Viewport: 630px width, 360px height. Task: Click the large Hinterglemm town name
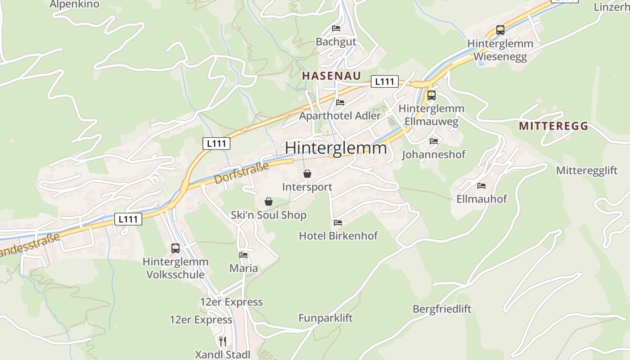pyautogui.click(x=336, y=148)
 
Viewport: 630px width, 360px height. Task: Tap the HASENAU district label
pyautogui.click(x=332, y=76)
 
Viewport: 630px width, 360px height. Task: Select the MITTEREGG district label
pyautogui.click(x=553, y=126)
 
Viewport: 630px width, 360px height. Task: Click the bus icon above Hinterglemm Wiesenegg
pyautogui.click(x=500, y=30)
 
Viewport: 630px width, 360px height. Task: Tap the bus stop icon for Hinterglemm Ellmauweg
pyautogui.click(x=431, y=95)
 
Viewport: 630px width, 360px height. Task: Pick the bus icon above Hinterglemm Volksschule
pyautogui.click(x=175, y=248)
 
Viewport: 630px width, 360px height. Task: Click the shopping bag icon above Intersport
pyautogui.click(x=307, y=174)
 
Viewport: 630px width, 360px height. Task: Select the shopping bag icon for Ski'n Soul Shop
pyautogui.click(x=269, y=202)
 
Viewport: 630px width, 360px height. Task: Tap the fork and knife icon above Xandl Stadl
pyautogui.click(x=222, y=341)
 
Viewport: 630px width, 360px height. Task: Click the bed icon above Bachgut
pyautogui.click(x=336, y=28)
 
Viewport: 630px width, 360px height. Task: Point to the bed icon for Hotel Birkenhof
pyautogui.click(x=338, y=222)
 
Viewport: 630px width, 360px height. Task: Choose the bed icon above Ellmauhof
pyautogui.click(x=481, y=185)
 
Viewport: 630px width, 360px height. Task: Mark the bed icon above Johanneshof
pyautogui.click(x=433, y=141)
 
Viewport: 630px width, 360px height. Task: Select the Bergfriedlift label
pyautogui.click(x=442, y=309)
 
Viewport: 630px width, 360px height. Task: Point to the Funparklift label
pyautogui.click(x=325, y=318)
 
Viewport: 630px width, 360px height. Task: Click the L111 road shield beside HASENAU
pyautogui.click(x=385, y=81)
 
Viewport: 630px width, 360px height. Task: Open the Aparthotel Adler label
pyautogui.click(x=340, y=116)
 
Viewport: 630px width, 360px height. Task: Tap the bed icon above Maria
pyautogui.click(x=243, y=255)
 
